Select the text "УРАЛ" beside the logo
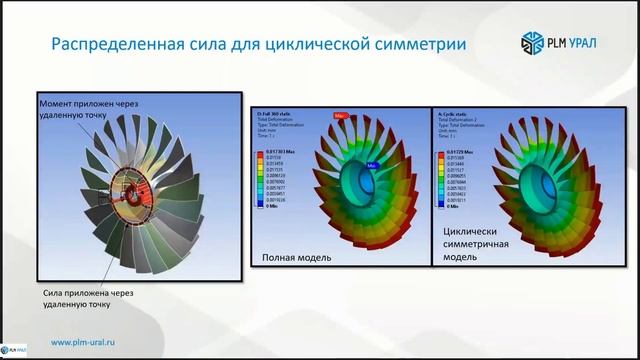point(591,43)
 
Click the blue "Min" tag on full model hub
point(371,165)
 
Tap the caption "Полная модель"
point(296,257)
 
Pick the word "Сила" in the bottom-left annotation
point(56,292)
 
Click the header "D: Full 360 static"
point(277,114)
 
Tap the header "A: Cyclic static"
point(455,114)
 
